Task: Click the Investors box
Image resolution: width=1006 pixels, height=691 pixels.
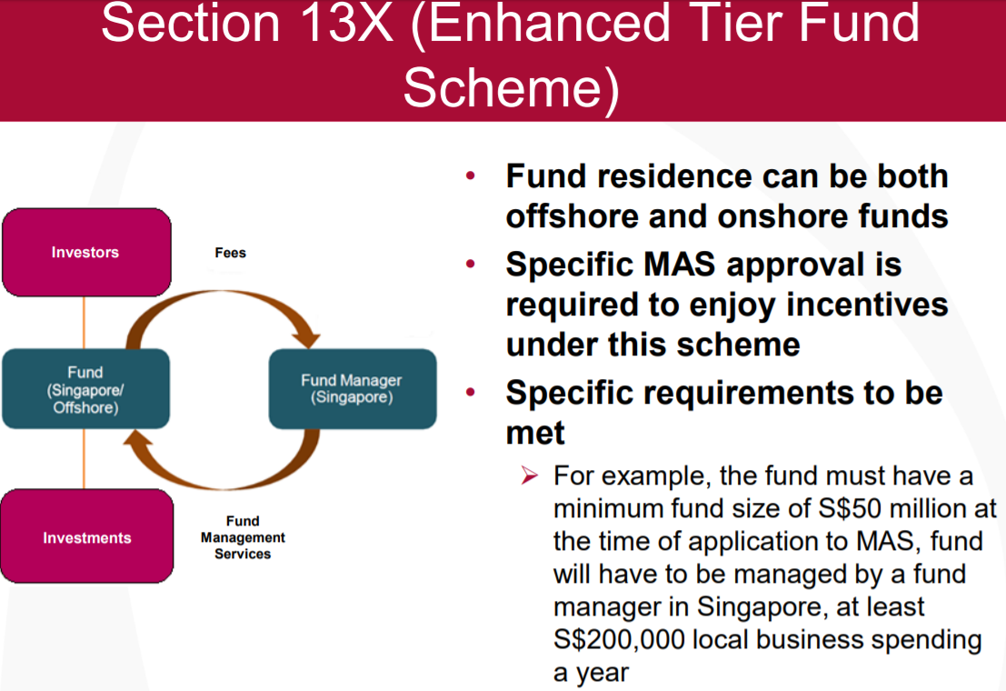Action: (86, 253)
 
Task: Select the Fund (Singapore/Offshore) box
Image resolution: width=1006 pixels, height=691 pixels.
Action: (86, 389)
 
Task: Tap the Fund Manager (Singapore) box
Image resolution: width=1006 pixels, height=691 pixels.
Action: (353, 389)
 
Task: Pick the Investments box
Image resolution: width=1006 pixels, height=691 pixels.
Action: (86, 536)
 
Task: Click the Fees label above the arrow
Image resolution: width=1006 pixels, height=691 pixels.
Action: (230, 253)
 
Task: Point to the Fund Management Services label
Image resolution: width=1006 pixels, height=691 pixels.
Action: (243, 537)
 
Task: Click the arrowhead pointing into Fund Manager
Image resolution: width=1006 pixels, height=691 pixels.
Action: (306, 339)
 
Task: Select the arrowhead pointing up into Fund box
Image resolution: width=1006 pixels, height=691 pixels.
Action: (137, 438)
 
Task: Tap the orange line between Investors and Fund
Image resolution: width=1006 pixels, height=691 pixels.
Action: (84, 323)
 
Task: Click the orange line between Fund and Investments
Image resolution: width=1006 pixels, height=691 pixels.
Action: (84, 459)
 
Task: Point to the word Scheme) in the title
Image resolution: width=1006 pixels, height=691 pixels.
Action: (512, 88)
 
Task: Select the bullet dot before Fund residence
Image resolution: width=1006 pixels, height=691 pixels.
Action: (471, 176)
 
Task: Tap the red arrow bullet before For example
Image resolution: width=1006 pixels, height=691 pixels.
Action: (530, 476)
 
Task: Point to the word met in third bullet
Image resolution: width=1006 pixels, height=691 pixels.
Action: (535, 433)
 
